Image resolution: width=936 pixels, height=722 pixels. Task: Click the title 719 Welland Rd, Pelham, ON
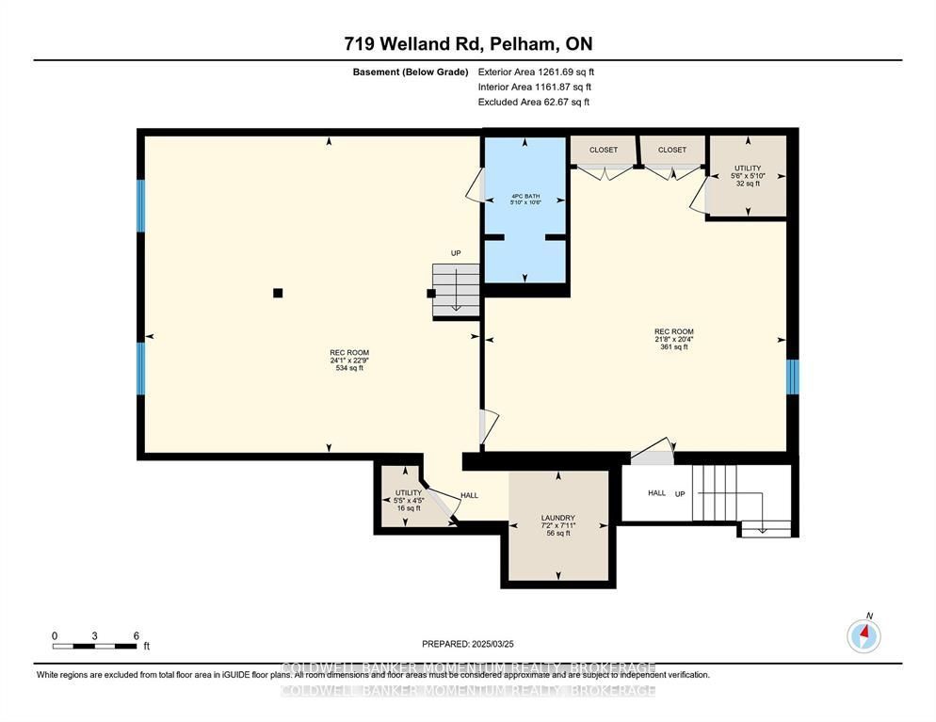[x=467, y=43]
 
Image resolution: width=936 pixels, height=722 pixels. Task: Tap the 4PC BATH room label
[x=524, y=199]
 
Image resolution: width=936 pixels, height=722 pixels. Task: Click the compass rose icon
[x=863, y=636]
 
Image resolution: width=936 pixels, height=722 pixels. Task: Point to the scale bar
[x=95, y=646]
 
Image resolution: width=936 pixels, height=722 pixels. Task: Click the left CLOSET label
[x=604, y=150]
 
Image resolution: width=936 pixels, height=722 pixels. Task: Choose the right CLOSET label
[x=672, y=150]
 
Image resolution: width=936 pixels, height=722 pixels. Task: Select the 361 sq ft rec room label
[x=674, y=339]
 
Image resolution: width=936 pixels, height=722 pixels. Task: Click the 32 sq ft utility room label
[x=748, y=176]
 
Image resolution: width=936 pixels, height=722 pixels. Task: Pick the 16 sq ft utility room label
[x=409, y=500]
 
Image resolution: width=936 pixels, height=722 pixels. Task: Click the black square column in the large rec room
[x=278, y=293]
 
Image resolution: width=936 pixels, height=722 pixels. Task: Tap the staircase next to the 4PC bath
[x=456, y=287]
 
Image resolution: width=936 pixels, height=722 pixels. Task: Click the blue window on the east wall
[x=793, y=377]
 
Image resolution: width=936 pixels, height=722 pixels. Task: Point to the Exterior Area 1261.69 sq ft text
[x=536, y=72]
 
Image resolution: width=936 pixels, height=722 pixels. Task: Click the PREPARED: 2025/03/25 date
[x=467, y=644]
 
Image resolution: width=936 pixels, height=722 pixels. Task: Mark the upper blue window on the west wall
[x=141, y=205]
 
